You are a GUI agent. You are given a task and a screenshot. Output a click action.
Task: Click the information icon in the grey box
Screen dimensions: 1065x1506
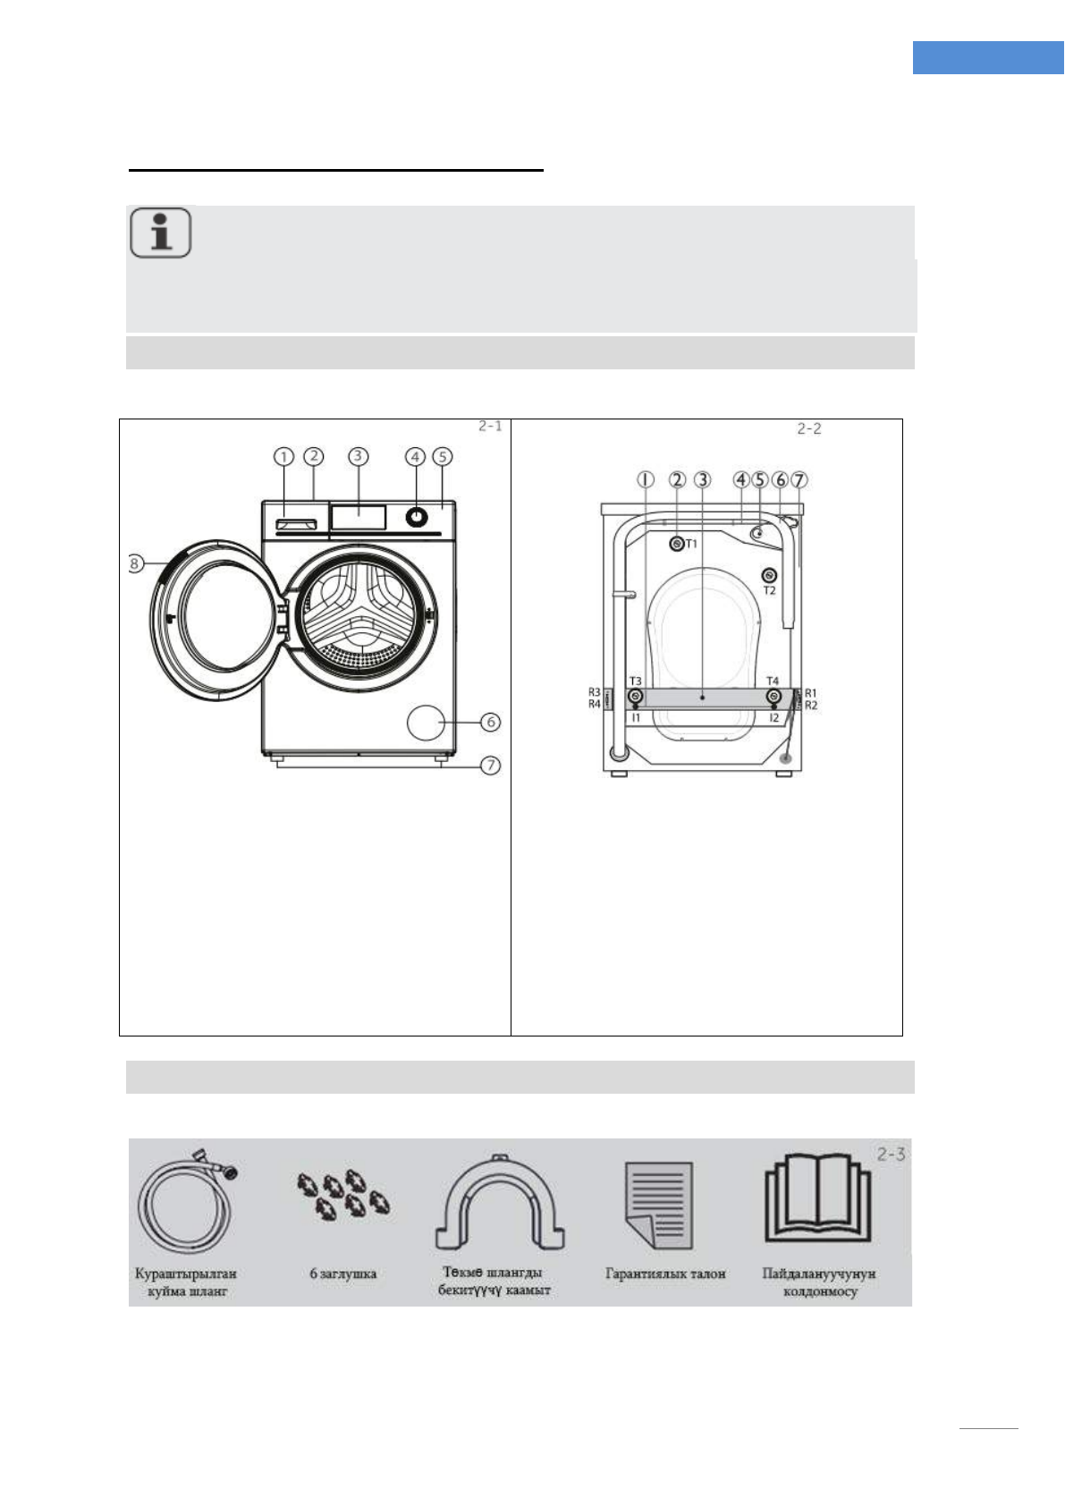click(x=161, y=233)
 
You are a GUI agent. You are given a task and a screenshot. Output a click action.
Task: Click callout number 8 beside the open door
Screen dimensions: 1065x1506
click(x=135, y=563)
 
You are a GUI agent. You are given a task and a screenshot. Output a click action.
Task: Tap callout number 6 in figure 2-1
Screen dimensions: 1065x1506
click(x=491, y=722)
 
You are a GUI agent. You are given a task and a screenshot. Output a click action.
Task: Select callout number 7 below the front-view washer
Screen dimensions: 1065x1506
click(x=491, y=766)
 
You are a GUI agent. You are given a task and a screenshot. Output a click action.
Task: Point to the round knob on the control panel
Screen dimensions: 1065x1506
click(x=416, y=517)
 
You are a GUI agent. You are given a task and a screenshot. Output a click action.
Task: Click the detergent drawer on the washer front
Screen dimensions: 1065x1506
click(x=295, y=524)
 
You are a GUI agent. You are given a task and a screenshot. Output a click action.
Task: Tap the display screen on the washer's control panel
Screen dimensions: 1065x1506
click(x=359, y=518)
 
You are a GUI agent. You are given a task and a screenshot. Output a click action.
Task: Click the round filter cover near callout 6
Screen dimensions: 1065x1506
click(x=426, y=723)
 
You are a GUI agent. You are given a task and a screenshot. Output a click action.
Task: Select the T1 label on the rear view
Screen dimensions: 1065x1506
click(x=692, y=543)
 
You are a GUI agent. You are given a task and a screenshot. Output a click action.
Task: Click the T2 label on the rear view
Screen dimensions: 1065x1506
click(x=770, y=590)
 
